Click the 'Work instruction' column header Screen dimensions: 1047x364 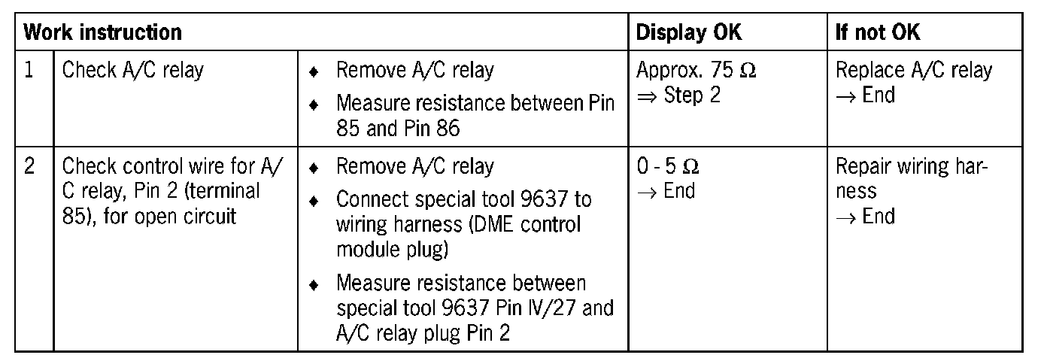[102, 32]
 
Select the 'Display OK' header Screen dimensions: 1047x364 [688, 32]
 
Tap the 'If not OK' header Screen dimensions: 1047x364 [878, 32]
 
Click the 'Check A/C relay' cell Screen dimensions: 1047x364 [132, 71]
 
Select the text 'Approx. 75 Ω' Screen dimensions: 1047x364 [696, 71]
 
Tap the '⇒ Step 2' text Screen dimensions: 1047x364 [678, 96]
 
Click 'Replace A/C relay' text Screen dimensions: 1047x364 [914, 71]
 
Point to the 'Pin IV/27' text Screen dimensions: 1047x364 [557, 308]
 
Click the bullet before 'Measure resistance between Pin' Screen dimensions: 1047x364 [314, 103]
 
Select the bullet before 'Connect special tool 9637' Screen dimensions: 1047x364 [314, 200]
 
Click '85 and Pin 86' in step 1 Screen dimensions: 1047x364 [398, 128]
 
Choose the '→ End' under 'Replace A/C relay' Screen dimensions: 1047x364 [865, 96]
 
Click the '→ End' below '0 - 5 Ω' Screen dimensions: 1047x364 [666, 191]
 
